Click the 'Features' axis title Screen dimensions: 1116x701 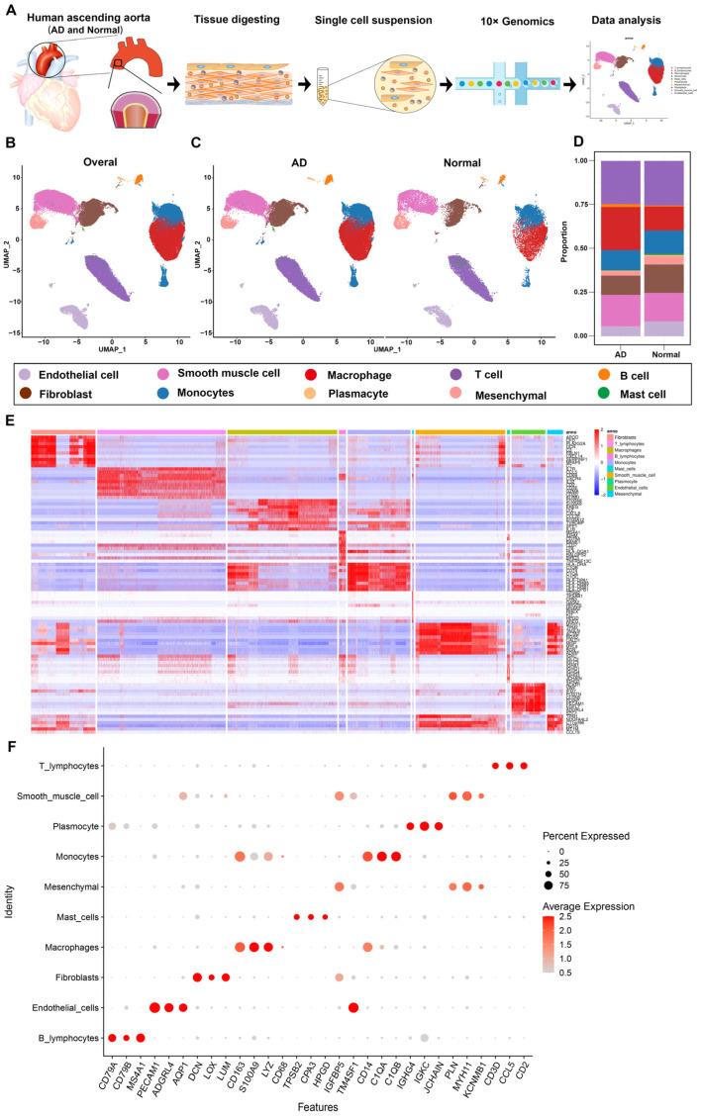pyautogui.click(x=317, y=1106)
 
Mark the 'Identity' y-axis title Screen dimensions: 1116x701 pyautogui.click(x=9, y=902)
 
